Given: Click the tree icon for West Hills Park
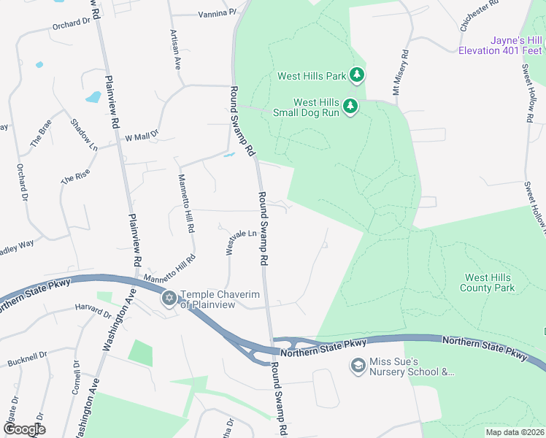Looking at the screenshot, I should pyautogui.click(x=356, y=75).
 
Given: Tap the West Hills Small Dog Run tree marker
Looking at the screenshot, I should pyautogui.click(x=350, y=107).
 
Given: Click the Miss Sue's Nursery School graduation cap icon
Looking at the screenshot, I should pyautogui.click(x=358, y=366).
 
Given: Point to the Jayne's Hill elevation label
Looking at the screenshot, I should pyautogui.click(x=500, y=45).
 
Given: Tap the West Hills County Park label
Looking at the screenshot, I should pyautogui.click(x=488, y=283).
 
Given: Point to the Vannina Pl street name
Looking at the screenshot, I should pyautogui.click(x=218, y=12).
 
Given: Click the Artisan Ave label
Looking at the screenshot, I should pyautogui.click(x=175, y=50).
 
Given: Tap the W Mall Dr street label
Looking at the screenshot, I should pyautogui.click(x=142, y=137).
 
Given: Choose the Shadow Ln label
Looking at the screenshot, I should pyautogui.click(x=84, y=136).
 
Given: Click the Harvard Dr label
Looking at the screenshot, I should pyautogui.click(x=92, y=312).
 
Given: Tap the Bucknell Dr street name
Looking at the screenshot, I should pyautogui.click(x=27, y=358).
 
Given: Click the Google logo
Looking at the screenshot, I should pyautogui.click(x=23, y=429).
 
